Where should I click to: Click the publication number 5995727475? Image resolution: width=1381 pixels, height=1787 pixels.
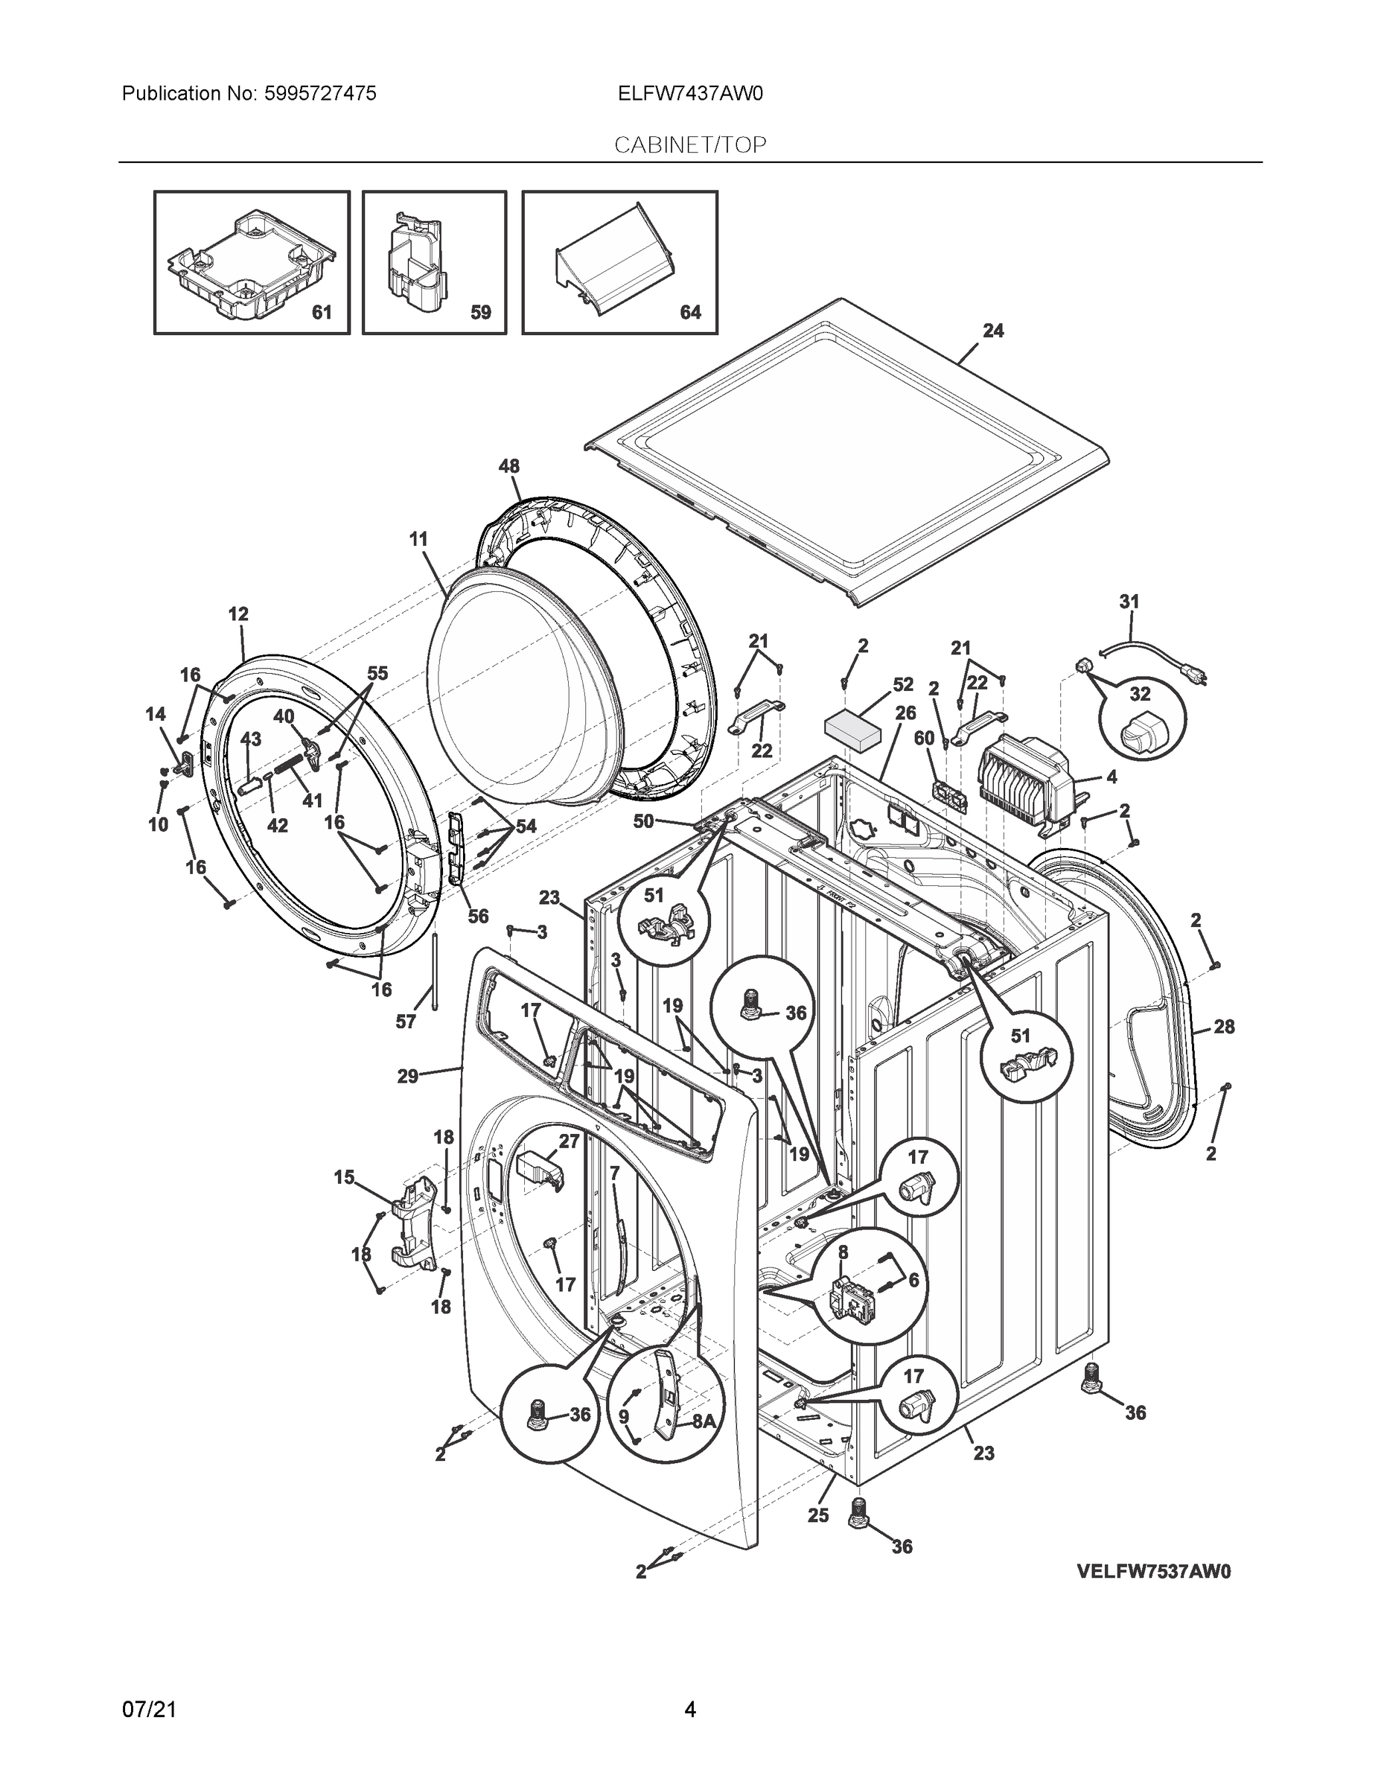click(320, 94)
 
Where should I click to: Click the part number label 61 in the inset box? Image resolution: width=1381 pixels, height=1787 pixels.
click(322, 313)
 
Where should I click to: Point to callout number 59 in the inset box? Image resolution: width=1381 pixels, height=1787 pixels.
click(480, 313)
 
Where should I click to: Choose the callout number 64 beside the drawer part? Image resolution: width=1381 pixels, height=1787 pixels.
click(691, 313)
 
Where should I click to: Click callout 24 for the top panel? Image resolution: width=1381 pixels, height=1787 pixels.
click(992, 331)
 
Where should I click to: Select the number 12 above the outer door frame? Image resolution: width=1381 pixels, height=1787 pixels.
click(238, 614)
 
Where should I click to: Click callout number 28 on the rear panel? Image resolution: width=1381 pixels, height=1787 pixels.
click(1223, 1027)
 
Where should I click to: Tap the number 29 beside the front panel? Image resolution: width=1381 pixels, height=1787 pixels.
click(407, 1077)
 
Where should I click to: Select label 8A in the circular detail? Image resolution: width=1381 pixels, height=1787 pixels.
click(704, 1422)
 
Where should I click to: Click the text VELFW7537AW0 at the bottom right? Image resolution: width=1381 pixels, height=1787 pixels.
click(1153, 1571)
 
